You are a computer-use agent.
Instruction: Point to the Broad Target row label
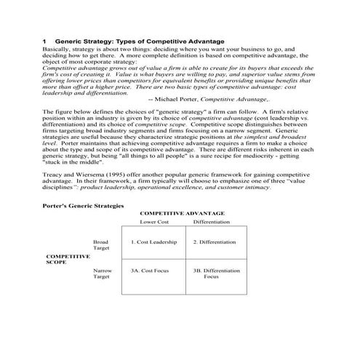pos(102,245)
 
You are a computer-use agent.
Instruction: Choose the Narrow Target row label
pos(103,274)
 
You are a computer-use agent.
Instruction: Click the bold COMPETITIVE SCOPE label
pos(68,260)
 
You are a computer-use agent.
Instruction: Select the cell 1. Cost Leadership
pos(155,242)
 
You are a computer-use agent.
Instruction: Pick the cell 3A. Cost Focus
pos(151,271)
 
